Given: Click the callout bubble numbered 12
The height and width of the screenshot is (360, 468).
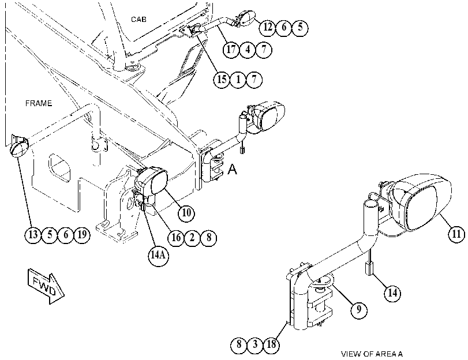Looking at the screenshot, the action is point(267,28).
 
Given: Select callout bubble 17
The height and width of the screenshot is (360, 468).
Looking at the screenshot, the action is point(231,50).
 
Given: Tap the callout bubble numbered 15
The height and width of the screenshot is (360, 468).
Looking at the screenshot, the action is point(222,80).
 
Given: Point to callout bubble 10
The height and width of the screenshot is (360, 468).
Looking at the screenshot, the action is point(186,213).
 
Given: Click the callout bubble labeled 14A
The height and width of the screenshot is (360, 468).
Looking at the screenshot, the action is point(158,256).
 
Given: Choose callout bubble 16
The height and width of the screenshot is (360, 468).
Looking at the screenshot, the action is point(176,238).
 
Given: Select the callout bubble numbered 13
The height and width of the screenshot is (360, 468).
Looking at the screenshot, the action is point(33,235).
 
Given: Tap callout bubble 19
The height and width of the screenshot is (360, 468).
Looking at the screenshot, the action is point(82,235).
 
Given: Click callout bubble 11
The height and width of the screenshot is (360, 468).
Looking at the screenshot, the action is point(456,234).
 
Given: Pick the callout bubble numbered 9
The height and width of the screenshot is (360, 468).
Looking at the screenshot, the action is point(358,309).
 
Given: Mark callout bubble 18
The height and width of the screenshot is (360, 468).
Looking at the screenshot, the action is point(271,344).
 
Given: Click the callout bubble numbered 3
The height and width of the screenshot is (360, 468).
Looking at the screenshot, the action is point(255,344).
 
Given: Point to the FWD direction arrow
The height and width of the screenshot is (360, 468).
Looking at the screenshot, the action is point(46,286).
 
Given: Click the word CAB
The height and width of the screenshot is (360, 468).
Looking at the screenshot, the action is point(139,20).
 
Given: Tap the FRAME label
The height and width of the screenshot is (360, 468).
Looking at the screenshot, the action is point(39,103).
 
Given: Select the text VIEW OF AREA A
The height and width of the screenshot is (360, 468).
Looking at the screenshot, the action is point(372,354).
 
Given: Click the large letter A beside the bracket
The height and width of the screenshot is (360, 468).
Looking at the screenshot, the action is point(232,169).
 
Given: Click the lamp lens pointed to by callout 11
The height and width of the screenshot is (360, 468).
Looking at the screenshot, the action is point(421,208).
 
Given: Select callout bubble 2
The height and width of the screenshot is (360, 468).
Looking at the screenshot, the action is point(192,238).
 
